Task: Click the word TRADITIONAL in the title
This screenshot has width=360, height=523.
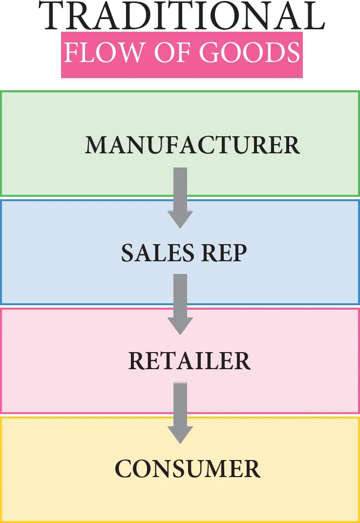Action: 181,18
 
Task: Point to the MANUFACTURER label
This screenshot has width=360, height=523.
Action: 192,146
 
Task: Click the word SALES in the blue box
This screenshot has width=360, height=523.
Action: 150,253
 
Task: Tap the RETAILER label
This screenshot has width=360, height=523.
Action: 189,361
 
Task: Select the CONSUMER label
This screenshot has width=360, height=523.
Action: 188,469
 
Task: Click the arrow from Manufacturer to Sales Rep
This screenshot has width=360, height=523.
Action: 180,195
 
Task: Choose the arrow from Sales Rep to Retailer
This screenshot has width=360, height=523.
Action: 180,303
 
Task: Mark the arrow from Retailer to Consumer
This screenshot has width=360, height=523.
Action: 180,411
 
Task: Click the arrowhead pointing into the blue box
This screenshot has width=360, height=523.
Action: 180,219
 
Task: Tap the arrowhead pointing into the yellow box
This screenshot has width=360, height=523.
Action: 180,435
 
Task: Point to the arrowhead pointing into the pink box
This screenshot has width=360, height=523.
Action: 180,326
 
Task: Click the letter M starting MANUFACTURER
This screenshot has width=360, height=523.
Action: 96,146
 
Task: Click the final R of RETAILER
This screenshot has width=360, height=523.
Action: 241,361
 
